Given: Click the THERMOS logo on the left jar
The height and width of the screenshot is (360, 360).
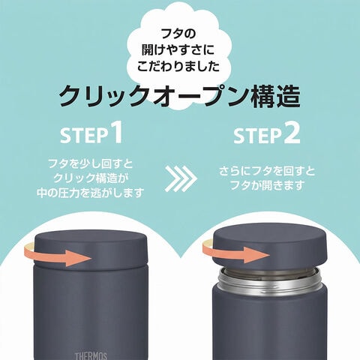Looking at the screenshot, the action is [x=91, y=356].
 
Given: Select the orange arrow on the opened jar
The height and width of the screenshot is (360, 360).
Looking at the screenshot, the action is [x=236, y=252].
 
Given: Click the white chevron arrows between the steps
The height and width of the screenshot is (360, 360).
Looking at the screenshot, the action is [x=181, y=178].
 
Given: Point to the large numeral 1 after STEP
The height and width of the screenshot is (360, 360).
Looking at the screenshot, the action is [x=116, y=132].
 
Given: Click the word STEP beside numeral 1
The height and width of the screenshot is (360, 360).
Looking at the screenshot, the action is [x=83, y=135].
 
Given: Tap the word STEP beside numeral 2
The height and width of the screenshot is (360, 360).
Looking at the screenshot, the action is [x=257, y=136].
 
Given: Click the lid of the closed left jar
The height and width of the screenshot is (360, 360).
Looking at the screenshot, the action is [x=91, y=247].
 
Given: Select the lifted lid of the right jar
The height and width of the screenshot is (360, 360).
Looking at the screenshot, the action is [x=270, y=246].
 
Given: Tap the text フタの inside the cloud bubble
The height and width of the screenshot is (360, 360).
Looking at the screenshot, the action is [x=178, y=34].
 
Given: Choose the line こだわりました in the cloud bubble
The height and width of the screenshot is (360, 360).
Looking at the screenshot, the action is [x=178, y=66].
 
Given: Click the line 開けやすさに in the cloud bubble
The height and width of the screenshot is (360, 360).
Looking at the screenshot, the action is [x=178, y=50].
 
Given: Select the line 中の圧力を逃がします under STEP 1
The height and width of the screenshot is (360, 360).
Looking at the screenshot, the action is [x=91, y=193].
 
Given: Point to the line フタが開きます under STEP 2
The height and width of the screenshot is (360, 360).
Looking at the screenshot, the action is [x=267, y=185].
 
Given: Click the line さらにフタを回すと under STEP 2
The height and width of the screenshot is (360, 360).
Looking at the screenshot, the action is [x=267, y=171].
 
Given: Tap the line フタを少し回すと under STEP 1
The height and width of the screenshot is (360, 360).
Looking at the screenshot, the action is [x=91, y=164].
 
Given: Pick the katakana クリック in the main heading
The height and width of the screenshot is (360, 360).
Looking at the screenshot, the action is [x=103, y=96].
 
